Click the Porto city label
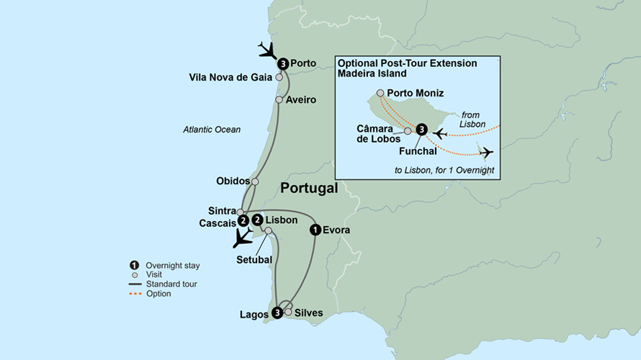[304, 63]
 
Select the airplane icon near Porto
[268, 50]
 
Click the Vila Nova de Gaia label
[230, 77]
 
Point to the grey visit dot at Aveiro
[279, 100]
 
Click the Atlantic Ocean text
[212, 130]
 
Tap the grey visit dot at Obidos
[255, 181]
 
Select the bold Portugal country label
[308, 189]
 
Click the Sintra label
[221, 211]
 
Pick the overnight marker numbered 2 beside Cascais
[243, 220]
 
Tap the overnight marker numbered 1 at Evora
[315, 230]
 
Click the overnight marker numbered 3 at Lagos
[277, 312]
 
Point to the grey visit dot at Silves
[288, 312]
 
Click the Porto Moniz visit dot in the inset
[380, 93]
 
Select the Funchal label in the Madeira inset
[418, 151]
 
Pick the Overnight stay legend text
[173, 266]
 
